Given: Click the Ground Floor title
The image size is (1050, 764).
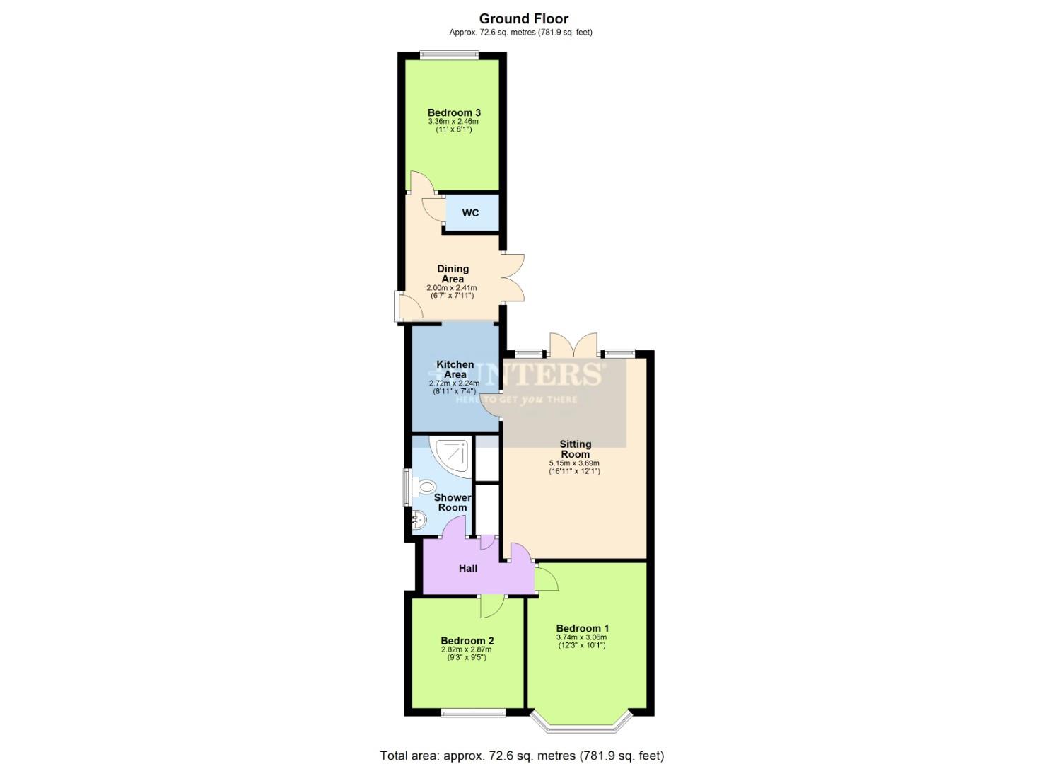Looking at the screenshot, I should (523, 19).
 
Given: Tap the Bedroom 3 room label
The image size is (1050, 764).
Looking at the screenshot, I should (454, 112).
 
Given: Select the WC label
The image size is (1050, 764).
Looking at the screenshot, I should (470, 213).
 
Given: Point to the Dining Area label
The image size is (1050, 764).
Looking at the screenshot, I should (453, 274).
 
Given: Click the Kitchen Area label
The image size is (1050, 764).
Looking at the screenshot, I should (455, 369).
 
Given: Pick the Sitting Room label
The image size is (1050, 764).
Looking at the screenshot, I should (575, 449).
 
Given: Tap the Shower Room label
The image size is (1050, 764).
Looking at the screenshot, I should (453, 502).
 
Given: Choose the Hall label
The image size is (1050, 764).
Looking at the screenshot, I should (468, 568).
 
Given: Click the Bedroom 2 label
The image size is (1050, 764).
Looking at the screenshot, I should (467, 641).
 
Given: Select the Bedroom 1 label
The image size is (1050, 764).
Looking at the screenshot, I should (582, 628).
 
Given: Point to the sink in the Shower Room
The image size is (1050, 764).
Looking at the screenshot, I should (419, 520).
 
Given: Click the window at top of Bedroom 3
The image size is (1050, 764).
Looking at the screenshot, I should (448, 54).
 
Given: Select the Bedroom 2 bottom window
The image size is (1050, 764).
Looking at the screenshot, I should (474, 712).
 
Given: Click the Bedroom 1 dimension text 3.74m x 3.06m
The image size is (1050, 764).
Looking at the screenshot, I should (581, 637).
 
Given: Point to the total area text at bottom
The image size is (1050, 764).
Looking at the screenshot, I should (522, 756).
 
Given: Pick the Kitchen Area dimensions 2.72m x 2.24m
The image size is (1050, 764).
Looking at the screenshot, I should (454, 383).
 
